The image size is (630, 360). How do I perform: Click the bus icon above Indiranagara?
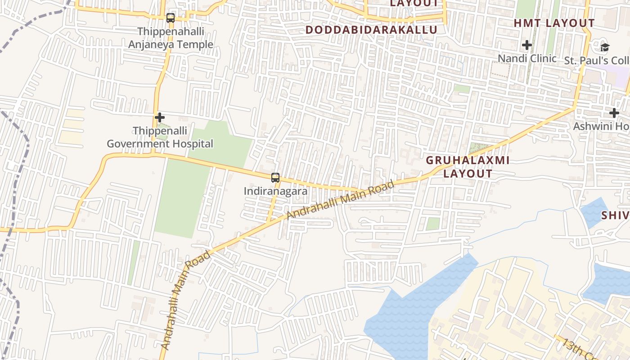[x=275, y=178]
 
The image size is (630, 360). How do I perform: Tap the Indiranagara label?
[x=275, y=191]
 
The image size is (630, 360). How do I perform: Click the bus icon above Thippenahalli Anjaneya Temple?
[x=170, y=18]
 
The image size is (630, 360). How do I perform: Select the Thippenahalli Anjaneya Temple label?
[x=171, y=38]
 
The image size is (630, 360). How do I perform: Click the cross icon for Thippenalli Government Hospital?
[x=160, y=117]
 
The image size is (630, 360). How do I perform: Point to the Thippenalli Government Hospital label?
[x=160, y=137]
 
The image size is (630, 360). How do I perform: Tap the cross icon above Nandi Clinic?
[x=527, y=45]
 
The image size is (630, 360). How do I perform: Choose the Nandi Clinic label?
[x=527, y=58]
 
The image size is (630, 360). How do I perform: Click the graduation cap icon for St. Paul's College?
[x=605, y=47]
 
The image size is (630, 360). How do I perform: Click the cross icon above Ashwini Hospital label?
[x=614, y=112]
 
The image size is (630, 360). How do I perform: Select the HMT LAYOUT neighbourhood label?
[x=554, y=23]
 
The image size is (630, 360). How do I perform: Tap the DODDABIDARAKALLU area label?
[x=371, y=30]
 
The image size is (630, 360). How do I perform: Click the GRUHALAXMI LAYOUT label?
[x=468, y=167]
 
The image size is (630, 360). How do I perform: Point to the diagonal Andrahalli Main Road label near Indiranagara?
[x=340, y=200]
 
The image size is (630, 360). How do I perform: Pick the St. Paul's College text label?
[x=597, y=60]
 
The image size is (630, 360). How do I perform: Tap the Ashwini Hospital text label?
[x=601, y=126]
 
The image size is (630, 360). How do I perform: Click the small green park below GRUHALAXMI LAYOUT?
[x=433, y=224]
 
